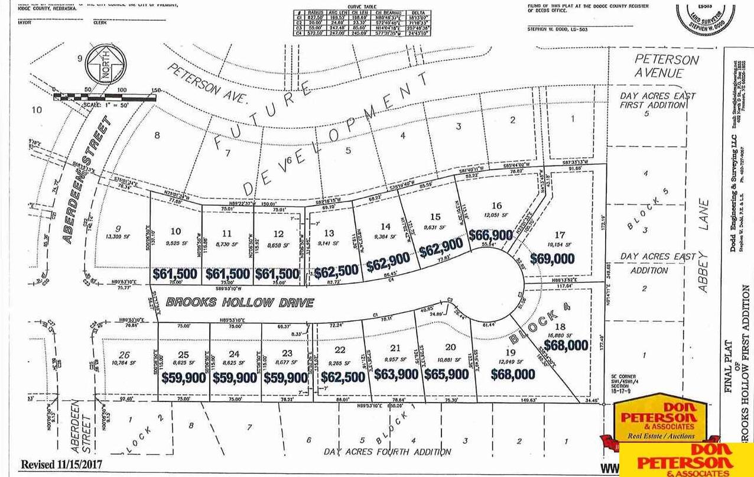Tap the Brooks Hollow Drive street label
[239, 303]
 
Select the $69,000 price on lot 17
[552, 258]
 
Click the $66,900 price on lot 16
[490, 235]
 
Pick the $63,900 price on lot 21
[395, 374]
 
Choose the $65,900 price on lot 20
[446, 374]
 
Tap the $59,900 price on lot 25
[184, 378]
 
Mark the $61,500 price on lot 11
[227, 274]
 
